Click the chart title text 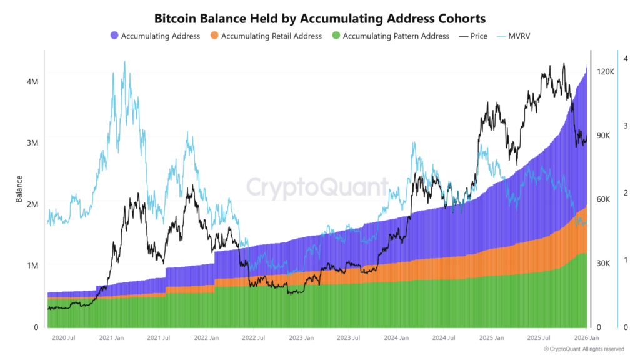[x=319, y=19]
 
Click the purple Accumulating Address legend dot [x=114, y=36]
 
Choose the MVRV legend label [x=522, y=36]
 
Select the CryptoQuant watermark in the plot [x=316, y=187]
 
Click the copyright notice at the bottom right [x=584, y=349]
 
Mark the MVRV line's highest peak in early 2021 [x=124, y=62]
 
